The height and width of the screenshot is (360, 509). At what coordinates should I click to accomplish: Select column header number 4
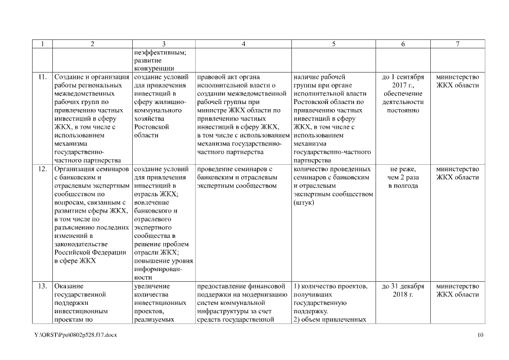(x=243, y=44)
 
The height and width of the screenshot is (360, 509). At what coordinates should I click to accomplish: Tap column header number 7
(x=458, y=44)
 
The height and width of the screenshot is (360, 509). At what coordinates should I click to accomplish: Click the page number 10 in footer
(x=480, y=335)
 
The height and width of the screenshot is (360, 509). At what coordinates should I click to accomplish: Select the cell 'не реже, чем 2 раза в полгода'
(x=403, y=177)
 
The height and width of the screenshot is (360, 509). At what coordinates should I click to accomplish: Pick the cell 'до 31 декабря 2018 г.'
(x=403, y=290)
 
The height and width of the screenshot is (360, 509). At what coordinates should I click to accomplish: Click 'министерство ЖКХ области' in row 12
(x=458, y=173)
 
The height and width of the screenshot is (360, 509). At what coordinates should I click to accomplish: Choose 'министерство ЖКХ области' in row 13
(x=458, y=290)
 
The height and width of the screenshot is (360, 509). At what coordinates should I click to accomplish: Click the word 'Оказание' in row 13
(x=69, y=286)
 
